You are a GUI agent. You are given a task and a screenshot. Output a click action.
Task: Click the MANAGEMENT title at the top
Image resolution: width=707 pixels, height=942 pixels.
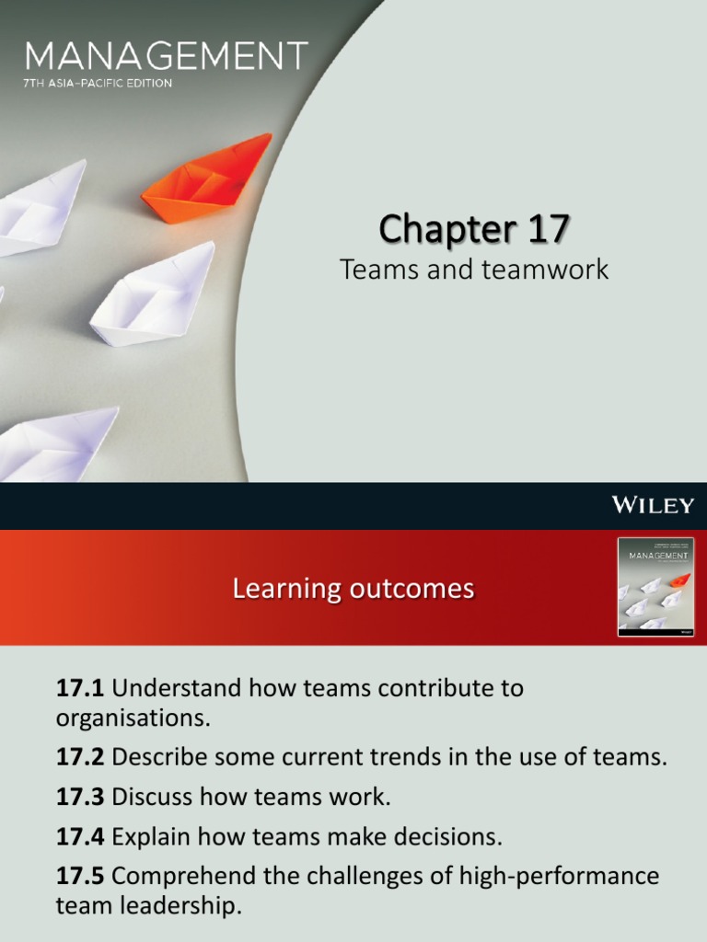tap(166, 57)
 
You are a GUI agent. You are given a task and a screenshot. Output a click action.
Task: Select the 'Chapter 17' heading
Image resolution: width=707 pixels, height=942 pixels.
tap(474, 228)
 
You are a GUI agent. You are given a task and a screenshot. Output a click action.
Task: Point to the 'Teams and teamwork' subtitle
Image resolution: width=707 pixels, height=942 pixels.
tap(474, 269)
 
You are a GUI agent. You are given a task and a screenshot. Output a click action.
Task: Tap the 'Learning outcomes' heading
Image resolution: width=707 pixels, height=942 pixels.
tap(353, 588)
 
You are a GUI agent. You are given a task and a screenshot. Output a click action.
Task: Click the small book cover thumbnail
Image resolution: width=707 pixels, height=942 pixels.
tap(655, 588)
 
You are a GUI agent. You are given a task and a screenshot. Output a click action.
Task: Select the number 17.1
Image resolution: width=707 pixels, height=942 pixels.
tap(81, 688)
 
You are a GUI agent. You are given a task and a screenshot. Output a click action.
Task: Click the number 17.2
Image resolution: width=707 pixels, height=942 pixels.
tap(81, 758)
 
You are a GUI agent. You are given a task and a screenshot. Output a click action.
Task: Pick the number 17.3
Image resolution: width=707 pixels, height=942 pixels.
tap(81, 797)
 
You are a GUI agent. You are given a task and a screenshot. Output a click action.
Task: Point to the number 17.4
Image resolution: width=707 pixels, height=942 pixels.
tap(81, 836)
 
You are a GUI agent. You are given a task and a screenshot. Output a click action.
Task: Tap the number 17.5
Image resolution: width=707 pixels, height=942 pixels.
tap(81, 876)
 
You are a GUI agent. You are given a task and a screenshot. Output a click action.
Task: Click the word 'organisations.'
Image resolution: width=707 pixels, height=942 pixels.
tap(133, 718)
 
